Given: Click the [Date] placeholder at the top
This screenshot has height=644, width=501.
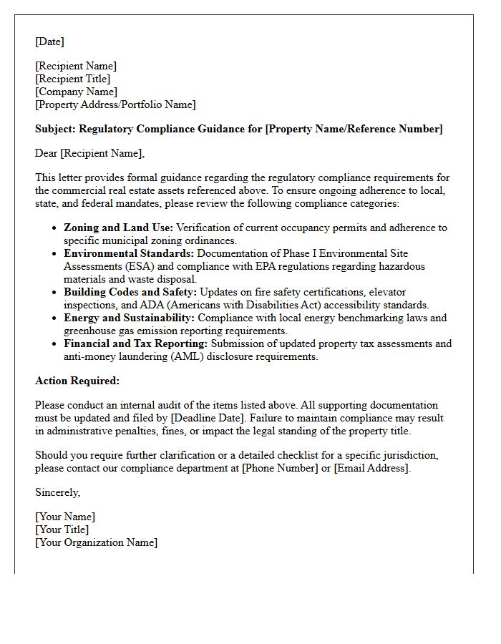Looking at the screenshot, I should (49, 42).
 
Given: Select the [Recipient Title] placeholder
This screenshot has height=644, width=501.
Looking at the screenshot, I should (72, 79).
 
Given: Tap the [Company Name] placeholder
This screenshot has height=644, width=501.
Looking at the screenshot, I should (76, 92).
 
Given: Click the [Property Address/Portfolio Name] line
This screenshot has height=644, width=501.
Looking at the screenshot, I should (115, 104).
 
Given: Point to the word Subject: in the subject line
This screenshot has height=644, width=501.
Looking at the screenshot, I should (55, 129).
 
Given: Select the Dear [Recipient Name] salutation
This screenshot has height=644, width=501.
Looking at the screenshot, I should (89, 152).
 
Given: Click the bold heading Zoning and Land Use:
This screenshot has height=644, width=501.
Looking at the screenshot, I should (118, 228).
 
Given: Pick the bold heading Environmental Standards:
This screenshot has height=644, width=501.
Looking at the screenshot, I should (129, 253).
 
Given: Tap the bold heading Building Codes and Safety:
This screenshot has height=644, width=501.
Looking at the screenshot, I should (130, 292).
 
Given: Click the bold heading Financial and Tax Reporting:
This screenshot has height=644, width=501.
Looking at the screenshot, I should (135, 343).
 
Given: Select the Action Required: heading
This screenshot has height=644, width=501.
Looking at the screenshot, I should (77, 381).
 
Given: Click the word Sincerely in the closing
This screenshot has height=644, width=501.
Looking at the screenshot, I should (57, 492).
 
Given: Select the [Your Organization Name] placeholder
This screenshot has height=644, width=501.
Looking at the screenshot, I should (96, 542).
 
